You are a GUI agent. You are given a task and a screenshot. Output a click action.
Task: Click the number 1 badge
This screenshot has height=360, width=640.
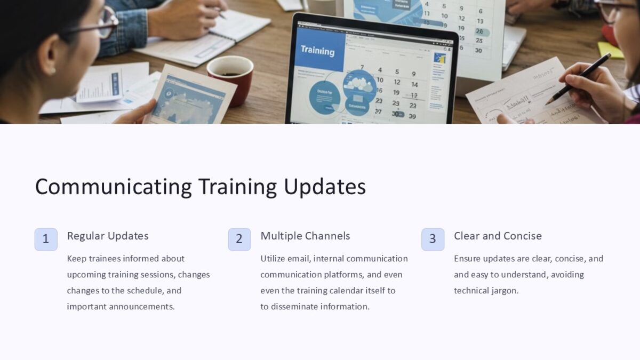point(46,239)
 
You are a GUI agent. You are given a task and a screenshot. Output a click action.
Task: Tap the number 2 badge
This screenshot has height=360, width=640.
point(239,239)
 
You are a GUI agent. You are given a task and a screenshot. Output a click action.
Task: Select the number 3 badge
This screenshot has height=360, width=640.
point(433,239)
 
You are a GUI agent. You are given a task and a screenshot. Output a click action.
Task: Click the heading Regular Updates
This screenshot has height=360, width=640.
point(108,236)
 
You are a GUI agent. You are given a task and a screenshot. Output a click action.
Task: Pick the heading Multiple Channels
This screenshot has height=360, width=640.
point(305,236)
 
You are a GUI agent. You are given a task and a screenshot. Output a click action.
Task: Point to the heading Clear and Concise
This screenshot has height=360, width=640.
point(498,236)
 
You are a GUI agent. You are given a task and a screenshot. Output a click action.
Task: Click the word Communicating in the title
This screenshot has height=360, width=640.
point(113,187)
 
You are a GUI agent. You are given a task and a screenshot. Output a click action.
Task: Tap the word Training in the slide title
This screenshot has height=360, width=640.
point(237,187)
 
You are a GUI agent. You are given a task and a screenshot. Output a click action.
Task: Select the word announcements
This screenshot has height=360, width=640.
point(142,307)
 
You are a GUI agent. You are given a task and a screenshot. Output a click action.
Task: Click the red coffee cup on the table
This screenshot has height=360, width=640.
point(230,77)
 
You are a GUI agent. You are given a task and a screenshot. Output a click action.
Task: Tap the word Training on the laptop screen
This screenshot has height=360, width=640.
point(317,51)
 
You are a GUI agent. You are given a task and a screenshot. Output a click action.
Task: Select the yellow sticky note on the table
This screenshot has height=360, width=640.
point(610,50)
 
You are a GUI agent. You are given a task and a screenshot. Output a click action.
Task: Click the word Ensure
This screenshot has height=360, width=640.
point(467,259)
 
